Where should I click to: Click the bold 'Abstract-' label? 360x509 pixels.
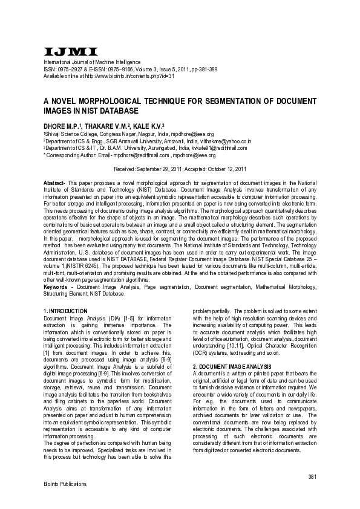[x=54, y=183]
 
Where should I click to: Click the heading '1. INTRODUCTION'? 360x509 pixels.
[x=66, y=311]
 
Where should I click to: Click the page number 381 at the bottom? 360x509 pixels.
[x=312, y=478]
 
